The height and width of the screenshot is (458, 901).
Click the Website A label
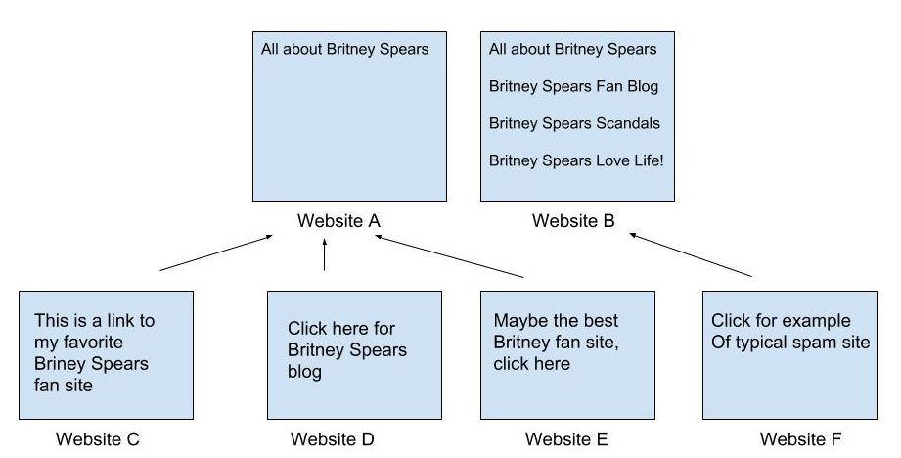pos(339,220)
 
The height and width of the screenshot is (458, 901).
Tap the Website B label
pos(573,220)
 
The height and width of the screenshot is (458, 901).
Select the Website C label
pos(98,439)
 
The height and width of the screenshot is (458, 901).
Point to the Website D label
pos(333,439)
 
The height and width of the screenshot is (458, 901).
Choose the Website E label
pos(566,439)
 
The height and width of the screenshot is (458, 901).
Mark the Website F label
pos(800,439)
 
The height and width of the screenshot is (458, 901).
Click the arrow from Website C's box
pos(216,252)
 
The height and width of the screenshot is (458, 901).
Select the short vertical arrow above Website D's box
pos(325,254)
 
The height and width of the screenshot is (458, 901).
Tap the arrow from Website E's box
pos(449,256)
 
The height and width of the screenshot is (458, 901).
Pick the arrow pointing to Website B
pos(690,255)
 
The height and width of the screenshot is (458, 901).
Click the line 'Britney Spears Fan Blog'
pos(573,87)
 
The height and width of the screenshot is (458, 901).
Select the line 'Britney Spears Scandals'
pos(574,123)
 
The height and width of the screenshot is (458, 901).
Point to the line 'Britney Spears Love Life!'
pos(576,160)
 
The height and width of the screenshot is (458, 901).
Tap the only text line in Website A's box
pos(344,49)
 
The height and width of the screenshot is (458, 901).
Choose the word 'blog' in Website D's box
pos(304,372)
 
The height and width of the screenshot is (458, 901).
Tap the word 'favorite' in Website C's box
pos(93,343)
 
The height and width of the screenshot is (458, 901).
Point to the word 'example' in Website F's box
pos(813,321)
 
